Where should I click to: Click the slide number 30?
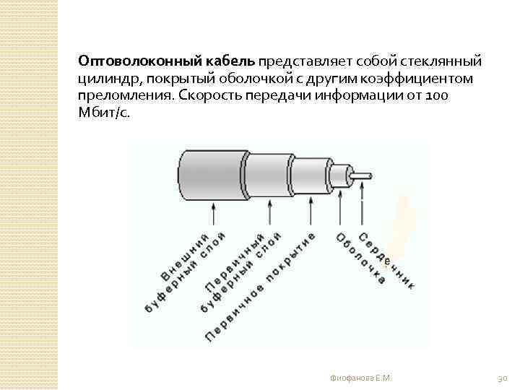[503, 378]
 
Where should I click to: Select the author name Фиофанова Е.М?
[360, 378]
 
